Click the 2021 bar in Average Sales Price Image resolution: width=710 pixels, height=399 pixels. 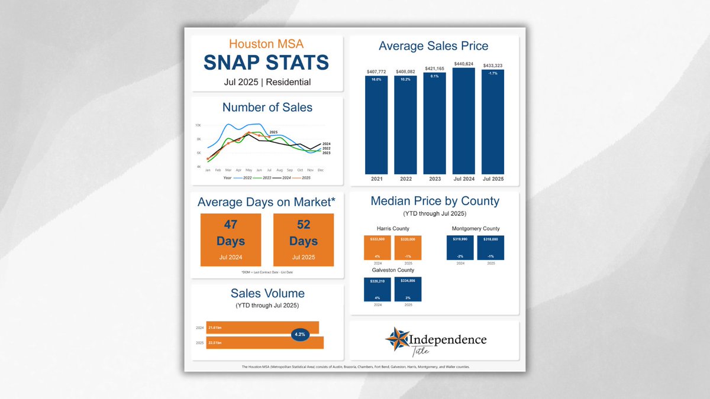376,124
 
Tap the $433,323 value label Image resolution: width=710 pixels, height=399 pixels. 492,66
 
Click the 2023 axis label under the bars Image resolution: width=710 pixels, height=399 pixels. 435,179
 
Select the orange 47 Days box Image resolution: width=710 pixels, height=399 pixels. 231,240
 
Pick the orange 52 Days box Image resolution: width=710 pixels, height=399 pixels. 304,240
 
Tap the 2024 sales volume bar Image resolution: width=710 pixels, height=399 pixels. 263,327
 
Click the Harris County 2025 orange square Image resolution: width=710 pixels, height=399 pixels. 408,248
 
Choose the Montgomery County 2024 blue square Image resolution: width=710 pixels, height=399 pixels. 460,248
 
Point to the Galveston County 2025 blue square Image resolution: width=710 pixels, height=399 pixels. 408,289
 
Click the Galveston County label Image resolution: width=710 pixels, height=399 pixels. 393,270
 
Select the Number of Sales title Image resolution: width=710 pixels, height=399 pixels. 267,107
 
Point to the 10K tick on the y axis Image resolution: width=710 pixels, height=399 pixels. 198,125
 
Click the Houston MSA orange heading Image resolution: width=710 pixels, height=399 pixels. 267,44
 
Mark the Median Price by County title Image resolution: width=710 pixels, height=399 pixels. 435,201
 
